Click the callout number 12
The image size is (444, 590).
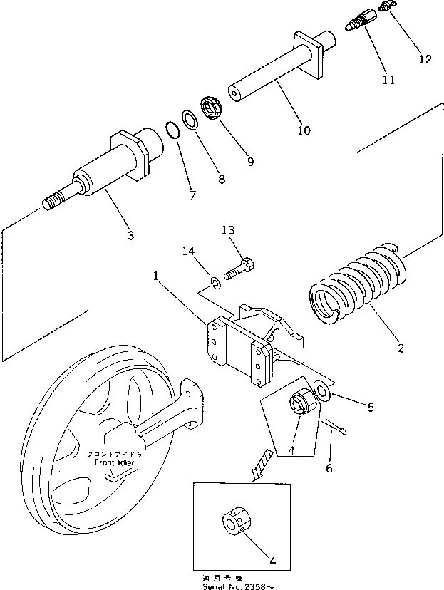click(425, 60)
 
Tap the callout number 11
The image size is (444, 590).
click(388, 81)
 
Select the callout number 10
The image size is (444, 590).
click(304, 130)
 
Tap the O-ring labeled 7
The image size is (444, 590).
click(172, 131)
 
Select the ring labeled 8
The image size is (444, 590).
click(191, 120)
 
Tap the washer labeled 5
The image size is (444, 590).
click(321, 391)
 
